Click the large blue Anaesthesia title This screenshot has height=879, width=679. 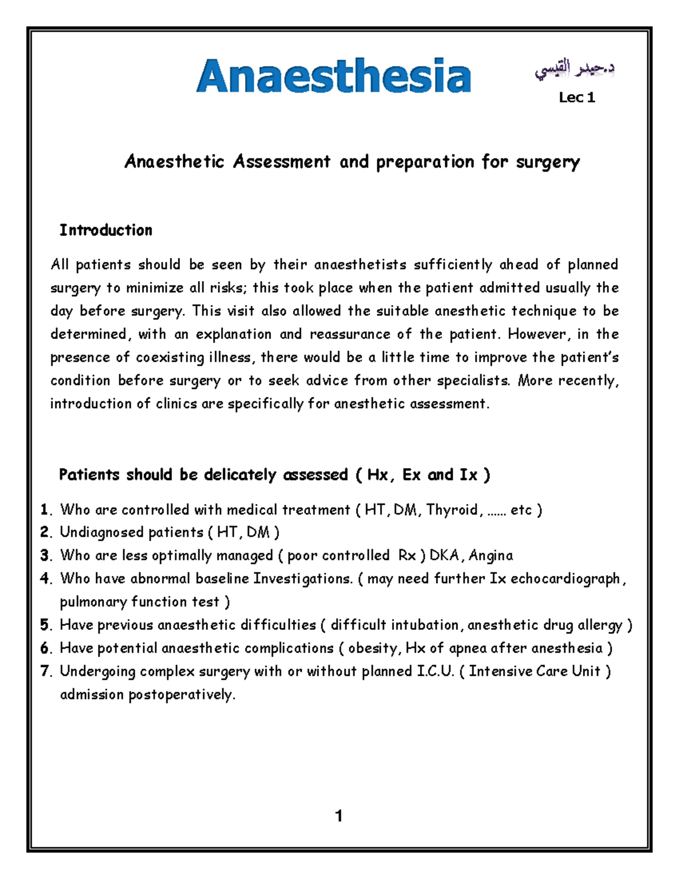click(333, 76)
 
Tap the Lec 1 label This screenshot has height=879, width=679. click(577, 98)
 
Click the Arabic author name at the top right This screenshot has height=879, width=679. click(574, 71)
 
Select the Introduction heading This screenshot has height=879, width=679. click(106, 230)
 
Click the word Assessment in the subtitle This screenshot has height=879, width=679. click(282, 162)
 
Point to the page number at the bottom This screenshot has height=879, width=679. click(338, 816)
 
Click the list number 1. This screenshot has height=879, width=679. click(45, 510)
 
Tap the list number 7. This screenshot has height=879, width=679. click(45, 672)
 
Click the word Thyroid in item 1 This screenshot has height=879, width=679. click(453, 510)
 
